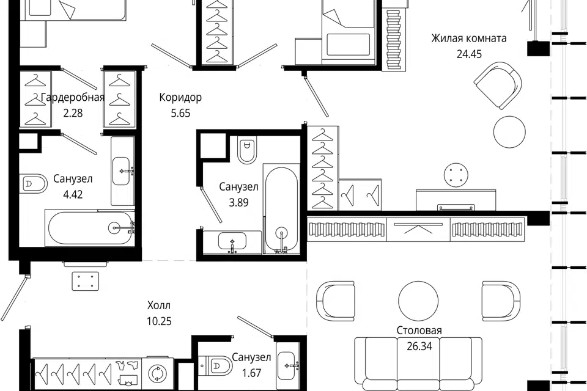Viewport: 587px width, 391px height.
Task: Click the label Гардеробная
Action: click(73, 98)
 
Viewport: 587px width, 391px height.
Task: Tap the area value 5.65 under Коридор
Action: click(181, 113)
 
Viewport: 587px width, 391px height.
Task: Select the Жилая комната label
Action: click(469, 38)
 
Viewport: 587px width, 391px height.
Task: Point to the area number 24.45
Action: click(469, 54)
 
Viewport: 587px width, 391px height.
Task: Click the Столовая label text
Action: click(419, 331)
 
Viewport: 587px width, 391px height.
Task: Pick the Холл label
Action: click(159, 305)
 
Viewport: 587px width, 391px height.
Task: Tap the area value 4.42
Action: click(73, 194)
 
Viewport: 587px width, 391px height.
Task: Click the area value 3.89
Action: click(239, 202)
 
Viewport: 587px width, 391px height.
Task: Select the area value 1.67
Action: click(251, 373)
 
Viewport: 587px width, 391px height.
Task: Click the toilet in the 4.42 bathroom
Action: click(34, 184)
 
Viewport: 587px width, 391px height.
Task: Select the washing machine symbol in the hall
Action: click(154, 373)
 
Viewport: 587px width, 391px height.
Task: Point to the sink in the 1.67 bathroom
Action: click(288, 365)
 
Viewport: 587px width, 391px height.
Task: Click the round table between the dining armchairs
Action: click(418, 301)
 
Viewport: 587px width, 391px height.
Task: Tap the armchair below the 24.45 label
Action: click(498, 86)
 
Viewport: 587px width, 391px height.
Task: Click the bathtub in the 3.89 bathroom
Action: click(281, 210)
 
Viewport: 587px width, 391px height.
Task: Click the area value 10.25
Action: click(159, 321)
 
